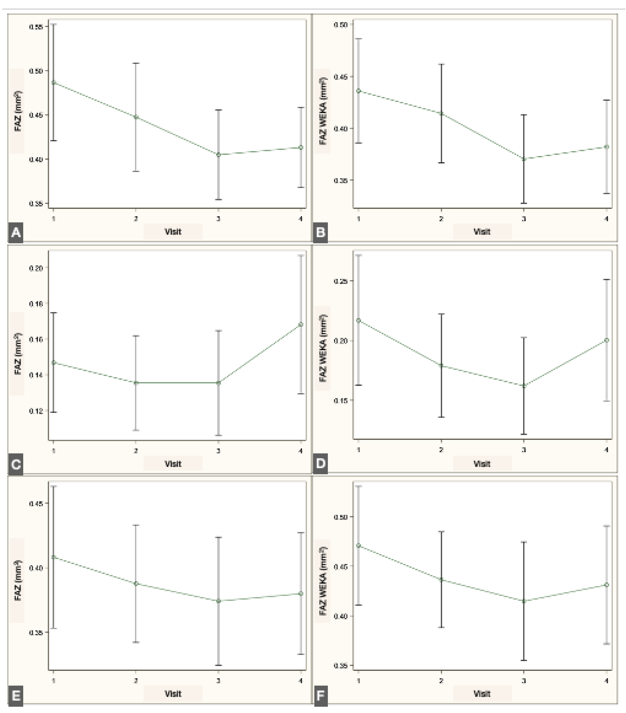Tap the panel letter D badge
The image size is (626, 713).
[320, 463]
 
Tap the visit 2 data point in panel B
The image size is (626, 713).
[441, 113]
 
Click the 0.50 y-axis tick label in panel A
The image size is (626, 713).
[36, 71]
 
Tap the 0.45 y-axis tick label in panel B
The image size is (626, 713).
[341, 77]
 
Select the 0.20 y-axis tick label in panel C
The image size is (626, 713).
[36, 268]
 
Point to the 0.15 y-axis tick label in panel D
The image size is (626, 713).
[341, 400]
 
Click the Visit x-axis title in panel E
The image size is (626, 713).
[173, 694]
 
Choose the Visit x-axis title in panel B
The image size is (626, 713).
[482, 232]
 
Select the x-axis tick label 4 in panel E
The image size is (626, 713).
[301, 680]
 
